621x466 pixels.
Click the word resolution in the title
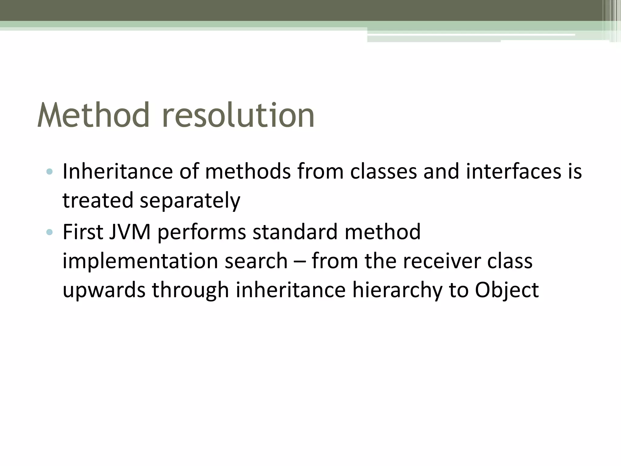point(238,115)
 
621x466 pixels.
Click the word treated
point(98,200)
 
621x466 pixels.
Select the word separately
point(190,201)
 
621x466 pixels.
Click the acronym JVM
point(130,232)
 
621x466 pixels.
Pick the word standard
point(295,232)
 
